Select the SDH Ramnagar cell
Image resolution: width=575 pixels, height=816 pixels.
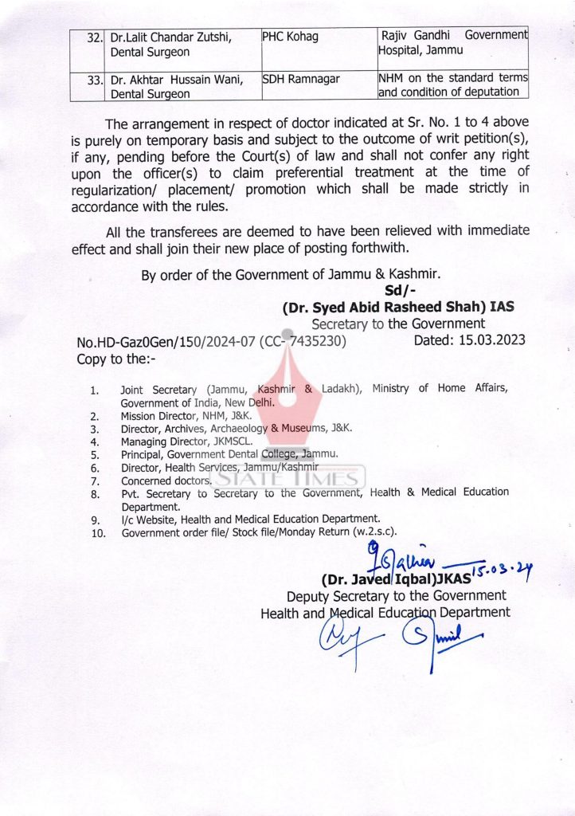click(x=300, y=79)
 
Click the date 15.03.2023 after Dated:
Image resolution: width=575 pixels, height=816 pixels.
click(x=485, y=341)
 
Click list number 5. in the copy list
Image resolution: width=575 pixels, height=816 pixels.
click(x=94, y=455)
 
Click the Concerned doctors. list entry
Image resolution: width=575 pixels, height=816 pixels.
click(x=166, y=481)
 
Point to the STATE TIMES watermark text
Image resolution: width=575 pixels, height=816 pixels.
click(x=287, y=478)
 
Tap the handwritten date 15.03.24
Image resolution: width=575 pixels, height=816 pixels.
click(x=503, y=568)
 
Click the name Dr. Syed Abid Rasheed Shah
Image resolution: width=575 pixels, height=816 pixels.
click(x=384, y=307)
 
